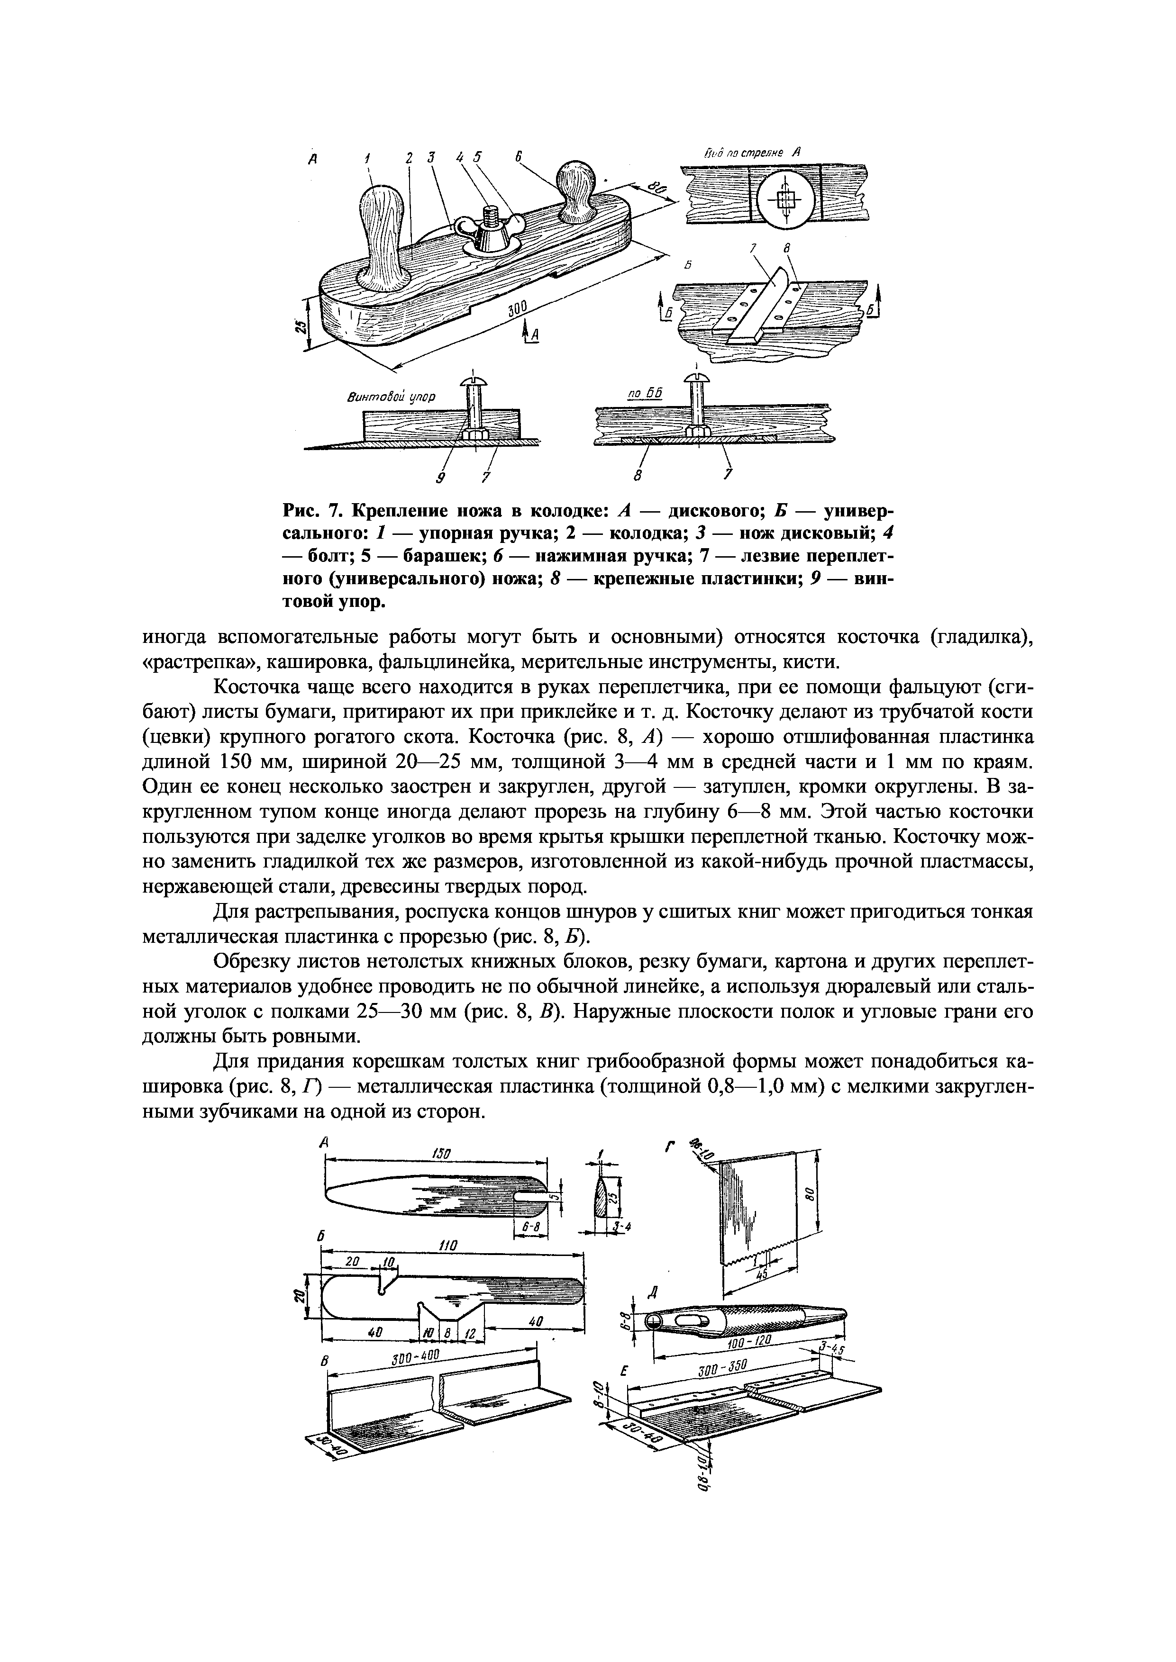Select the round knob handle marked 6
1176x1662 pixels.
click(x=576, y=185)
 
